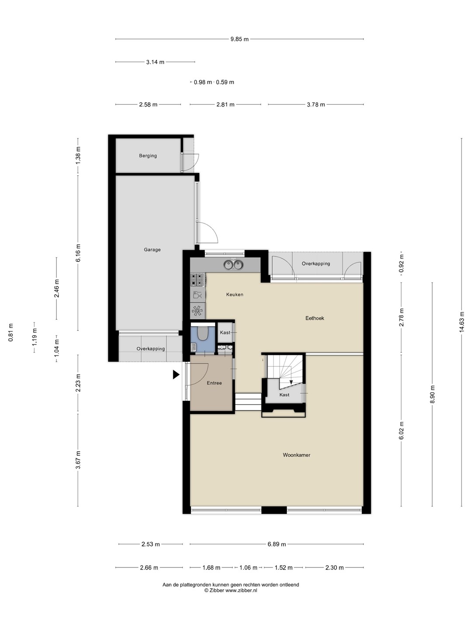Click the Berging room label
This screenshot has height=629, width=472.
[x=148, y=156]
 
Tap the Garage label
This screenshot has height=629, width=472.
[x=152, y=249]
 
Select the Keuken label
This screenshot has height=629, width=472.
[x=235, y=294]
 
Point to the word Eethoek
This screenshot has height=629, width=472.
[x=315, y=318]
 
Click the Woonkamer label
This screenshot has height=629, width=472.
[x=297, y=455]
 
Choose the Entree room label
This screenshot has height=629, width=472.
[x=214, y=383]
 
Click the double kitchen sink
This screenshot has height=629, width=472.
[x=233, y=265]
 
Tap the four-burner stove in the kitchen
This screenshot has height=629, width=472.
[x=198, y=280]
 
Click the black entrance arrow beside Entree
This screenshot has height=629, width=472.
[x=176, y=374]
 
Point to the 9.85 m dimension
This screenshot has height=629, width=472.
[x=239, y=39]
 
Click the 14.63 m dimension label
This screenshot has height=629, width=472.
[x=462, y=322]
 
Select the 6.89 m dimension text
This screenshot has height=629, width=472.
[x=277, y=544]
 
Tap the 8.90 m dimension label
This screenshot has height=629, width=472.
[x=433, y=394]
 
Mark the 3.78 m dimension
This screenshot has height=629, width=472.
[x=316, y=104]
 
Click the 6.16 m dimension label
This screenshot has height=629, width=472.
[x=78, y=252]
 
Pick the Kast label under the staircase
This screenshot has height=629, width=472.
[x=284, y=394]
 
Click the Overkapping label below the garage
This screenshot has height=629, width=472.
[x=150, y=349]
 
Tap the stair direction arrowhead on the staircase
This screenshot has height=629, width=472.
[x=291, y=382]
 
